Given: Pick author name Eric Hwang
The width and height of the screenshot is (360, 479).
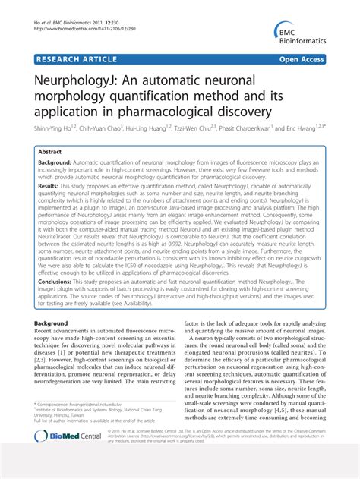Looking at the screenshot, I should [314, 129].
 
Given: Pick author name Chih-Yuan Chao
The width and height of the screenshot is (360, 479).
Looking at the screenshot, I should [101, 129].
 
